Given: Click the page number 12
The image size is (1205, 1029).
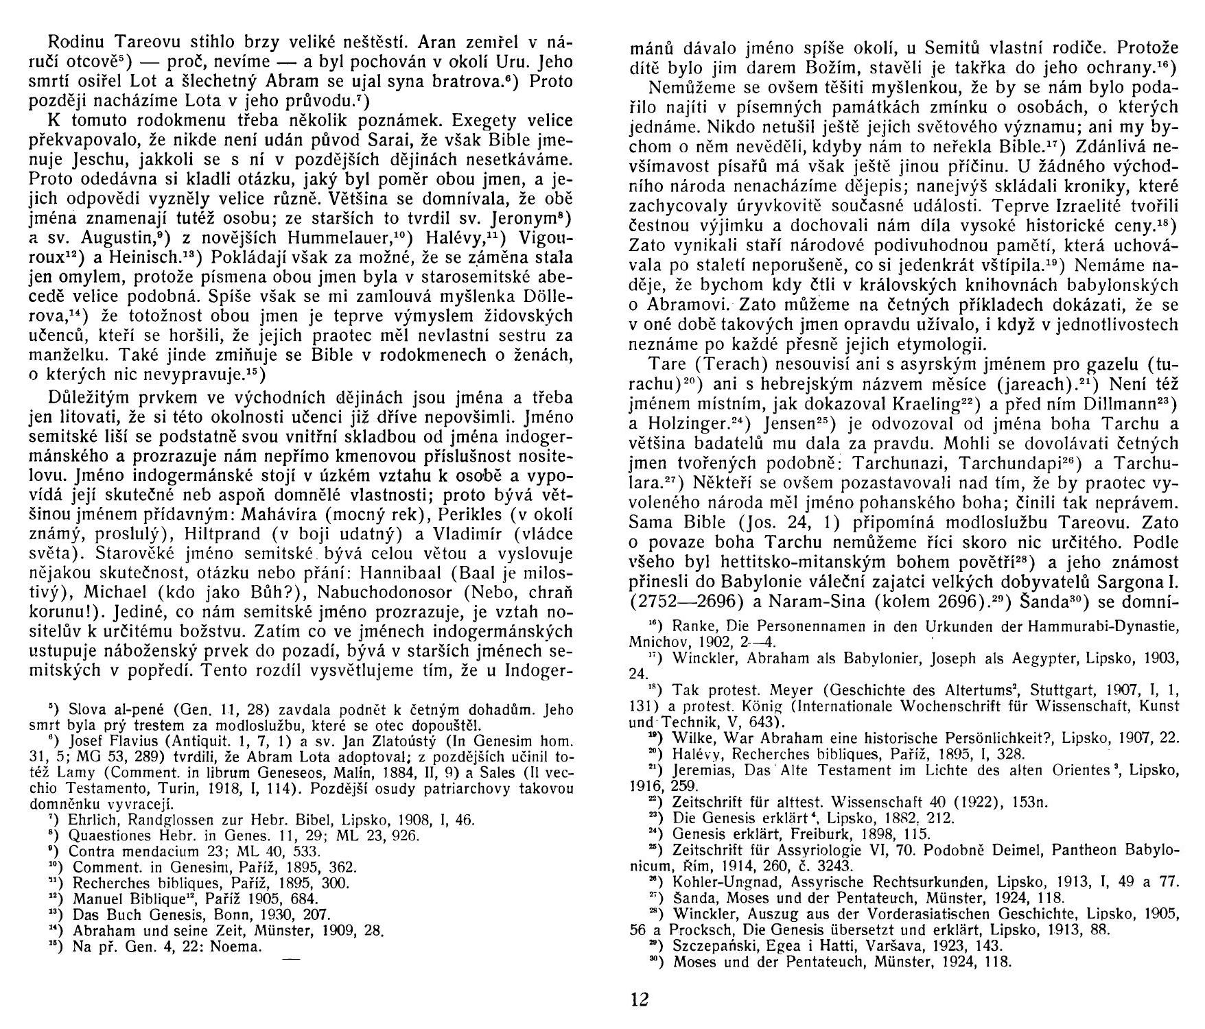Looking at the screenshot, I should [639, 998].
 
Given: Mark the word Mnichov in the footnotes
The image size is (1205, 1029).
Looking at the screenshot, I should [656, 644].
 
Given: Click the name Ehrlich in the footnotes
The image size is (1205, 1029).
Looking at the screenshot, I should [93, 820].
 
